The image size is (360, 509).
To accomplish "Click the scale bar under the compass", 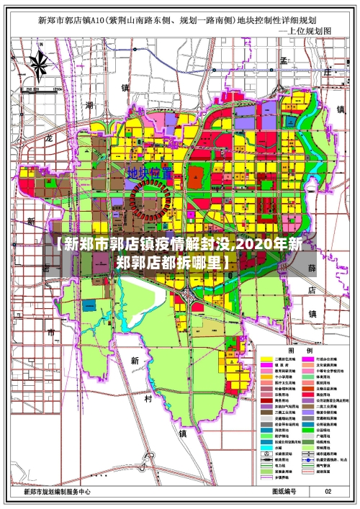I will (x=39, y=91).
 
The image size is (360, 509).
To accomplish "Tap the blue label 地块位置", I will (x=150, y=174).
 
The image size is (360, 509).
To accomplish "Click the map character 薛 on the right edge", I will (x=312, y=268).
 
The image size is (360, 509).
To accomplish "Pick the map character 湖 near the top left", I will (x=89, y=105).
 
